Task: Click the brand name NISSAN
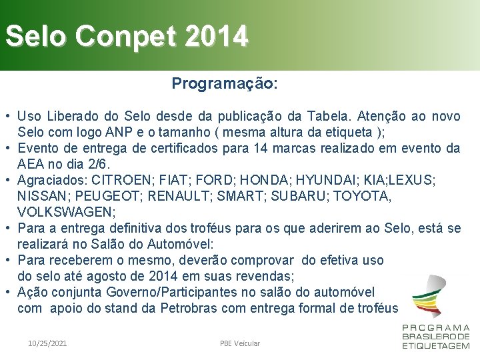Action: (42, 196)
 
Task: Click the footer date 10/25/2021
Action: (47, 343)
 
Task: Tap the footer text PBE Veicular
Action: (240, 343)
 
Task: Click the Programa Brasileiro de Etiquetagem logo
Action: (435, 313)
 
